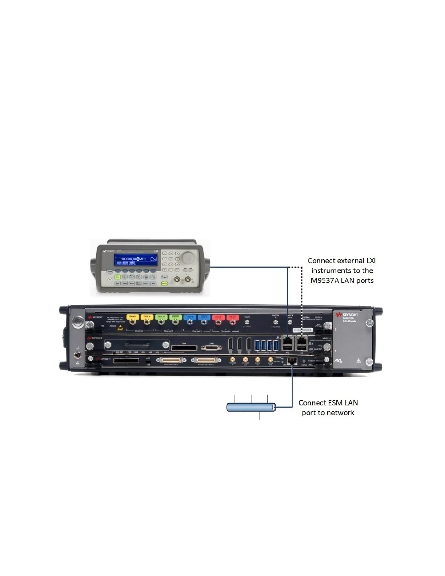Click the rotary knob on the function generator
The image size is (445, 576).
pyautogui.click(x=188, y=257)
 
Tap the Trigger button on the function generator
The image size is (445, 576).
pyautogui.click(x=164, y=277)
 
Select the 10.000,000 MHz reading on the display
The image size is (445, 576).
pyautogui.click(x=134, y=259)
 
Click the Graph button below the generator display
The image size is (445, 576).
pyautogui.click(x=109, y=271)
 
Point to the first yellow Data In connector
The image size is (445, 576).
pyautogui.click(x=133, y=321)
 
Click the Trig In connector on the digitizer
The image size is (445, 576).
pyautogui.click(x=247, y=322)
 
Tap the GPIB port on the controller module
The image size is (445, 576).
pyautogui.click(x=212, y=348)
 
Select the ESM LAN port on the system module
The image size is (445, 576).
pyautogui.click(x=292, y=361)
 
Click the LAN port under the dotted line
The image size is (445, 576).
pyautogui.click(x=302, y=341)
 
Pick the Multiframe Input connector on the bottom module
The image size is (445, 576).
pyautogui.click(x=171, y=360)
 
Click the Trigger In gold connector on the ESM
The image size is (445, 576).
pyautogui.click(x=233, y=360)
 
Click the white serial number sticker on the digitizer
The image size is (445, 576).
pyautogui.click(x=302, y=330)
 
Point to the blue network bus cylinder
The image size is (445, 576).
pyautogui.click(x=251, y=407)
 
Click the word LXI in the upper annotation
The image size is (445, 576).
pyautogui.click(x=371, y=261)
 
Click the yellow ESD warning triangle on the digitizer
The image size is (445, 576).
pyautogui.click(x=120, y=328)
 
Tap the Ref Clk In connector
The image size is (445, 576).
pyautogui.click(x=275, y=322)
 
